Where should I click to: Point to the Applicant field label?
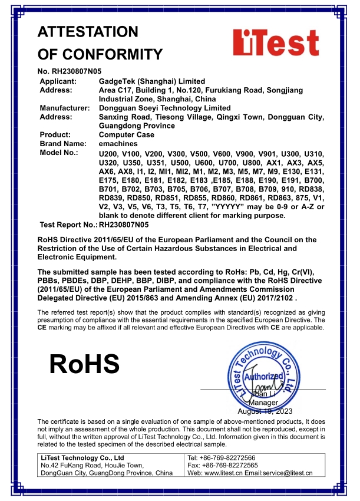[x=58, y=81]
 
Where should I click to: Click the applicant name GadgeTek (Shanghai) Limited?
[x=152, y=81]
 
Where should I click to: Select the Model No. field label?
[x=59, y=152]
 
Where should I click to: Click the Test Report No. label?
[x=68, y=225]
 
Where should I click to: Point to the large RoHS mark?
[x=84, y=364]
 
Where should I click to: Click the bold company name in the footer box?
[x=82, y=458]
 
